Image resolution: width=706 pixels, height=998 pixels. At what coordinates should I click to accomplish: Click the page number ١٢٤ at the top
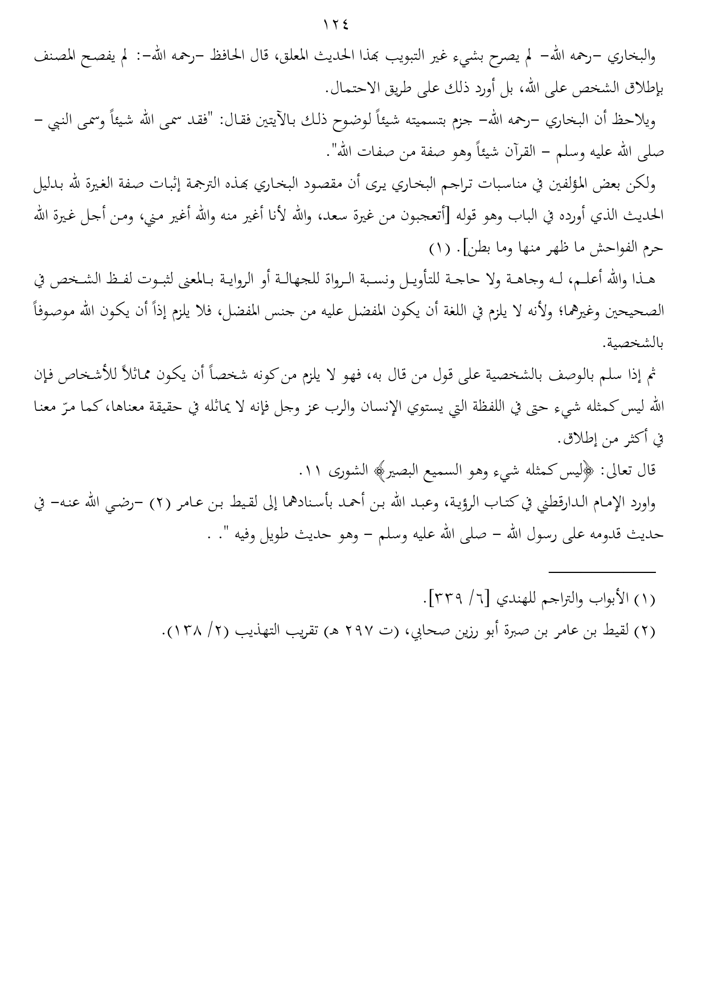336,25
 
